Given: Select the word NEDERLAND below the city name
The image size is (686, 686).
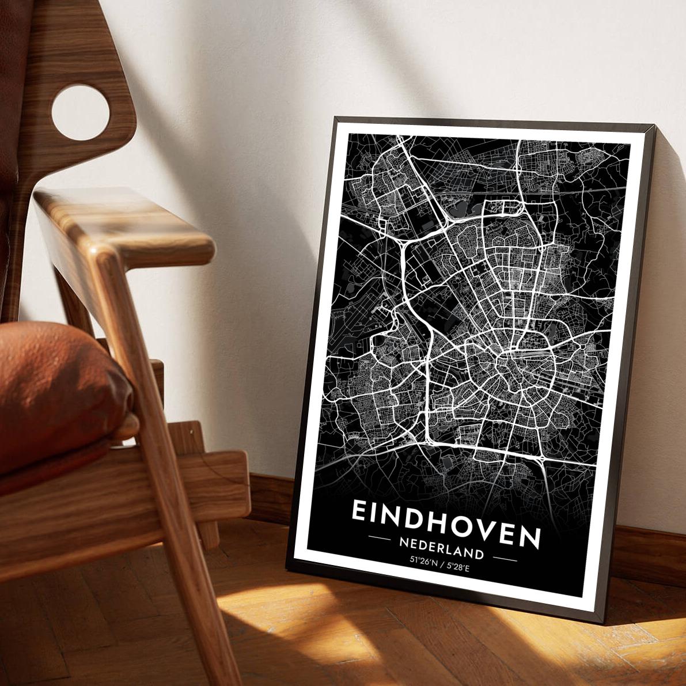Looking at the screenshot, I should [441, 547].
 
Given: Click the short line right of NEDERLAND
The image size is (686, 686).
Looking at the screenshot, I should [505, 558].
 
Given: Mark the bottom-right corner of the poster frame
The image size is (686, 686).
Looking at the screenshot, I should [604, 622].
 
